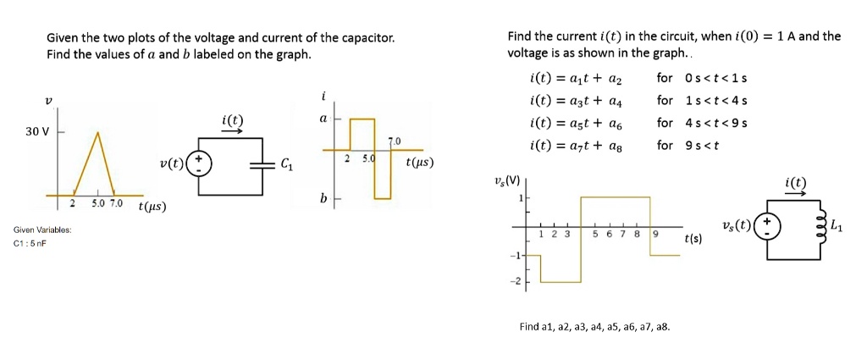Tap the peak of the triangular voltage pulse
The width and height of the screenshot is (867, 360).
pyautogui.click(x=99, y=132)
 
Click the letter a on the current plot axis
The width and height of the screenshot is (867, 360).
pyautogui.click(x=323, y=119)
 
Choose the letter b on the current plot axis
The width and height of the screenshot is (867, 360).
pyautogui.click(x=323, y=198)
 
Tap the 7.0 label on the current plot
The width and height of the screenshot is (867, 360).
pyautogui.click(x=393, y=141)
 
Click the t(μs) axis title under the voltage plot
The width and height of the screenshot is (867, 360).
pyautogui.click(x=152, y=205)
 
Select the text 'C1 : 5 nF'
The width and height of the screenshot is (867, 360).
pyautogui.click(x=30, y=243)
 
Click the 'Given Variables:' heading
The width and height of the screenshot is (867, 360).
pyautogui.click(x=42, y=230)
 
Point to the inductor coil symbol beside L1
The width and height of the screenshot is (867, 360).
pyautogui.click(x=819, y=226)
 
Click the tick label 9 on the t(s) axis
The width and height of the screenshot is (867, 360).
pyautogui.click(x=654, y=234)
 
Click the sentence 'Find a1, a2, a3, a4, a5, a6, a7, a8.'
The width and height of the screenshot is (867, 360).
pyautogui.click(x=594, y=326)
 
